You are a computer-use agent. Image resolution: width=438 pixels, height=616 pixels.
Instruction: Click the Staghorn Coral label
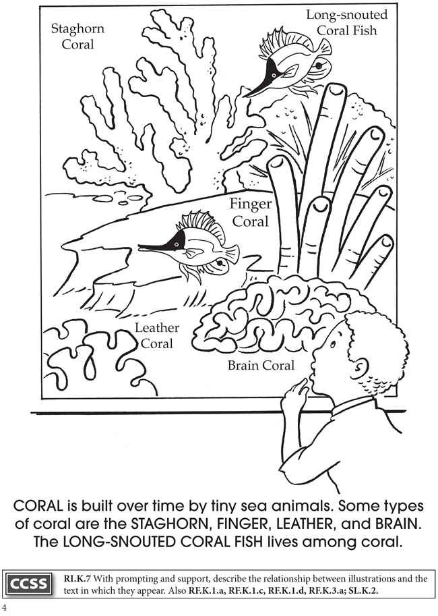[x=77, y=36]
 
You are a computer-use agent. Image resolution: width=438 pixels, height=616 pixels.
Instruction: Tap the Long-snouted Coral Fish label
[x=346, y=22]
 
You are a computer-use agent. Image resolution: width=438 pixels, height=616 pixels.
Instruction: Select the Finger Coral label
[x=251, y=213]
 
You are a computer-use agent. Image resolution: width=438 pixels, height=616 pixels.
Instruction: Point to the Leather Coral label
[x=157, y=335]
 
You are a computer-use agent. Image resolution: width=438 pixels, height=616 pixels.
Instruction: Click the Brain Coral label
[x=261, y=366]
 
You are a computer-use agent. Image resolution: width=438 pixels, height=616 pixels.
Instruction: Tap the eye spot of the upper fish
[x=319, y=65]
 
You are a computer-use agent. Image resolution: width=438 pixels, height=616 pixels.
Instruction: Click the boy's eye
[x=333, y=344]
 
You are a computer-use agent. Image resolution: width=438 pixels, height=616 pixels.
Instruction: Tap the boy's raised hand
[x=295, y=393]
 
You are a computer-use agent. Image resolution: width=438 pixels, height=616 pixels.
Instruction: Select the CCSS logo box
[x=29, y=584]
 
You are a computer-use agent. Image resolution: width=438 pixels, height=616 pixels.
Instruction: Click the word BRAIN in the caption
[x=396, y=524]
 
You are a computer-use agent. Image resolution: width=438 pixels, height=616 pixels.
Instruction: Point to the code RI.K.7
[x=77, y=579]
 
